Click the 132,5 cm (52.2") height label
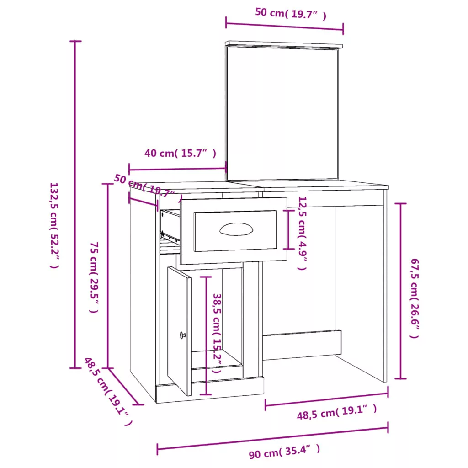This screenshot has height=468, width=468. [x=54, y=226]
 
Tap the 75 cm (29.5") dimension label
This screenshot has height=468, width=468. [x=94, y=277]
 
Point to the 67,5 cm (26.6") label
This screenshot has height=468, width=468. [x=415, y=298]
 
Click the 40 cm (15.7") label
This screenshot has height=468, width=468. [x=180, y=153]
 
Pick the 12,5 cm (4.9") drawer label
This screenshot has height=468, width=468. [x=302, y=233]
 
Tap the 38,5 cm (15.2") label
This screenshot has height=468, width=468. [x=217, y=333]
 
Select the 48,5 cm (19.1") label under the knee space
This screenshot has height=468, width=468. [x=337, y=412]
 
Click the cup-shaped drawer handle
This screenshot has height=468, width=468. [x=236, y=229]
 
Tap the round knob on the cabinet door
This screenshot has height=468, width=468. [x=182, y=335]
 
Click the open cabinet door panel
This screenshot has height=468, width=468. [x=179, y=331]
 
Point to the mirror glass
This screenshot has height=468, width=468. [x=282, y=113]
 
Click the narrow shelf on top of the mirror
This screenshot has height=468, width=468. [x=284, y=44]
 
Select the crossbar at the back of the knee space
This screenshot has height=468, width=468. [x=302, y=345]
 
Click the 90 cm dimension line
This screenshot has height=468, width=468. [x=272, y=438]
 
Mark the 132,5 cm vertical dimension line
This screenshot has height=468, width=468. [x=75, y=204]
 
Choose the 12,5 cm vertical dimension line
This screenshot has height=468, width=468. [x=288, y=229]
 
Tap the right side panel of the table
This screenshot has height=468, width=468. [x=385, y=286]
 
